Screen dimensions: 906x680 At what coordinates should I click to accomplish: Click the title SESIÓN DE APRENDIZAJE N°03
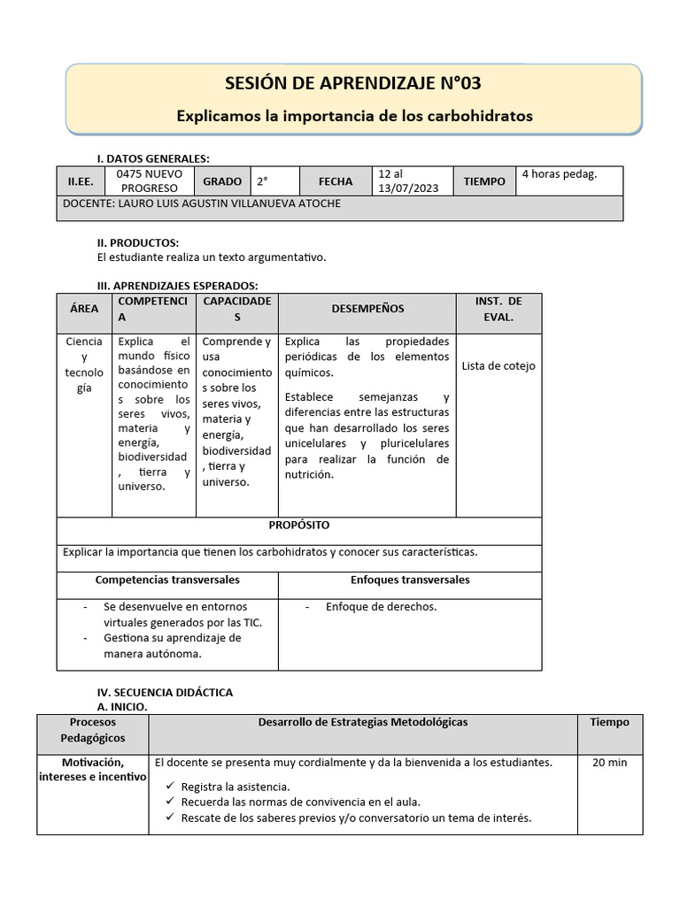pos(354,84)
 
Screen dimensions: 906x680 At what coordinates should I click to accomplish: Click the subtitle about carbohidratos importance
pos(354,116)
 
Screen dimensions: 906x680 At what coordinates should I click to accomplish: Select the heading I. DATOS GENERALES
pos(152,158)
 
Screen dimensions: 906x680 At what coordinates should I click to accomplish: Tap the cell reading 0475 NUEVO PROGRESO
pos(149,181)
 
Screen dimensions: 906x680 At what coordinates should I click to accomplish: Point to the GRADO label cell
pos(222,181)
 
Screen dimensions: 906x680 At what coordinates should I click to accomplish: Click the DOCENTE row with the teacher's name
pos(202,203)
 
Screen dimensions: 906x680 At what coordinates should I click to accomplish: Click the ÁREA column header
pos(84,309)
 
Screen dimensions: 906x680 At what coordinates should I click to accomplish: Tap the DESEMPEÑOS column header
pos(367,309)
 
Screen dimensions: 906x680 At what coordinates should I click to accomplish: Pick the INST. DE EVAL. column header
pos(498,309)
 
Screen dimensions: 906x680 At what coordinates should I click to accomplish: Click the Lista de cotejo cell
pos(498,366)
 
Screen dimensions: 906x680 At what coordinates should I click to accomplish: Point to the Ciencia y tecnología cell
pos(84,365)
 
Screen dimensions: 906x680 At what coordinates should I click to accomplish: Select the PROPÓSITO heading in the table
pos(299,526)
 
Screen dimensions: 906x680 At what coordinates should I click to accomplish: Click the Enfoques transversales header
pos(410,580)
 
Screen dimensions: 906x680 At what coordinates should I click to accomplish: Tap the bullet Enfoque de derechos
pos(381,607)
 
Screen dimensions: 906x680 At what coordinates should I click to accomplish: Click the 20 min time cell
pos(609,763)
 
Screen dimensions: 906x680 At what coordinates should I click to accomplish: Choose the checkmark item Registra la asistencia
pos(235,787)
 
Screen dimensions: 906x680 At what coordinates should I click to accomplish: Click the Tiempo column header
pos(609,722)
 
